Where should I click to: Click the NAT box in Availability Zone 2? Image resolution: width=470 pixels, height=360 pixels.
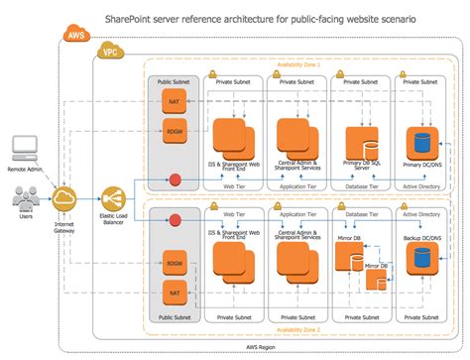174,295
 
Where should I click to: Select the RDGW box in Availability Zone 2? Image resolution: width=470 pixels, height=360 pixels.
174,264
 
